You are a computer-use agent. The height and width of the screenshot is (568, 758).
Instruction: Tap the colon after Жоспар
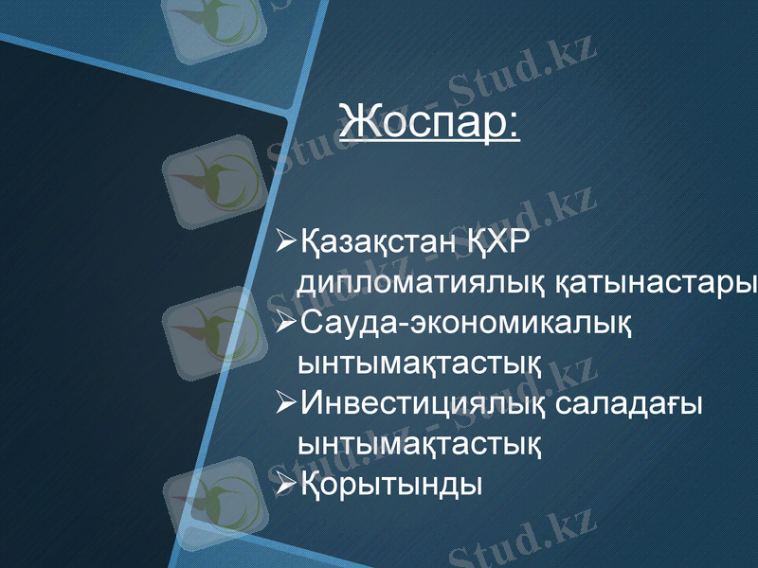pyautogui.click(x=513, y=125)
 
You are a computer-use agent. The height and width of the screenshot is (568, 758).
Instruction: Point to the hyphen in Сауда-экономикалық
pyautogui.click(x=404, y=325)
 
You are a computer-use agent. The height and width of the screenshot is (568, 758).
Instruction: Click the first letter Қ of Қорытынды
pyautogui.click(x=313, y=483)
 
